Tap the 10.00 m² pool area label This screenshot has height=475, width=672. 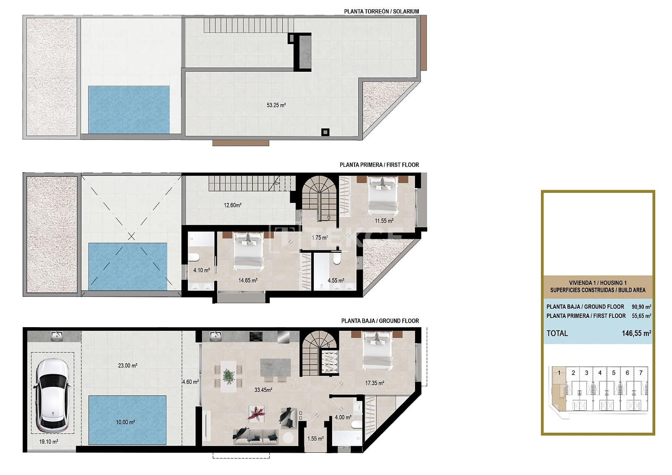click(x=125, y=422)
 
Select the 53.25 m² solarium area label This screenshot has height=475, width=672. click(x=276, y=105)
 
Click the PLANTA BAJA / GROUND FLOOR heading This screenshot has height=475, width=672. click(x=380, y=321)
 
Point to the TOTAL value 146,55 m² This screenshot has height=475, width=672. click(x=636, y=333)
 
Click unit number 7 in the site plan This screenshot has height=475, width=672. click(x=640, y=373)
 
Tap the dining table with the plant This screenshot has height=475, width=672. click(x=228, y=376)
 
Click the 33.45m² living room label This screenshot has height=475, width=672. click(x=263, y=390)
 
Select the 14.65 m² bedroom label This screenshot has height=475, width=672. click(x=248, y=281)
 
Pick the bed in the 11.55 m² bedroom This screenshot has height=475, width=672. click(x=383, y=194)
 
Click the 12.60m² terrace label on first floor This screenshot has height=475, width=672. click(x=232, y=205)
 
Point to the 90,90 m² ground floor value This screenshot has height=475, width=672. click(x=641, y=307)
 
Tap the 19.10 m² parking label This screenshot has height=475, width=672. click(x=48, y=441)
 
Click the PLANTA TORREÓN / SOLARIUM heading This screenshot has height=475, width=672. click(x=381, y=11)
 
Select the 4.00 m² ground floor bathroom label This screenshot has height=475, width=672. click(x=343, y=417)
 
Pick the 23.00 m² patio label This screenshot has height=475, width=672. click(x=128, y=366)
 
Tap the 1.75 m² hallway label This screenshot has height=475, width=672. click(x=319, y=238)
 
